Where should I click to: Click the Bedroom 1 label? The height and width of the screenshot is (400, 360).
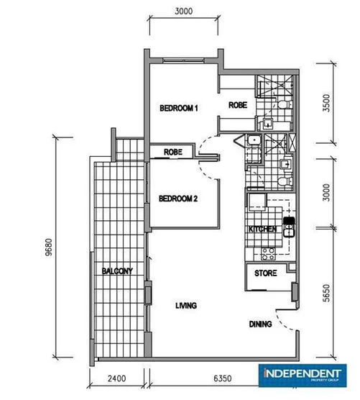[x=178, y=108]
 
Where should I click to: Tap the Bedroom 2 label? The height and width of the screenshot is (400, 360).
[x=178, y=199]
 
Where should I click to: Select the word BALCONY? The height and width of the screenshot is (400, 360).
[x=116, y=271]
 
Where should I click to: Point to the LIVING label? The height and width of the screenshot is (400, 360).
[x=186, y=306]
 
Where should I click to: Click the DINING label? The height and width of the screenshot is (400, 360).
[x=260, y=324]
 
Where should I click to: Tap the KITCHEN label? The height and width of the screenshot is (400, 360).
[x=262, y=229]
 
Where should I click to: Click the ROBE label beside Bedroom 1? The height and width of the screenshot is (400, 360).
[x=238, y=106]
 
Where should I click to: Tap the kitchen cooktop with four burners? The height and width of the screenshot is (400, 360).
[x=269, y=253]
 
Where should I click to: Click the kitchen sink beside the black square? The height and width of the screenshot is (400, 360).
[x=289, y=230]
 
